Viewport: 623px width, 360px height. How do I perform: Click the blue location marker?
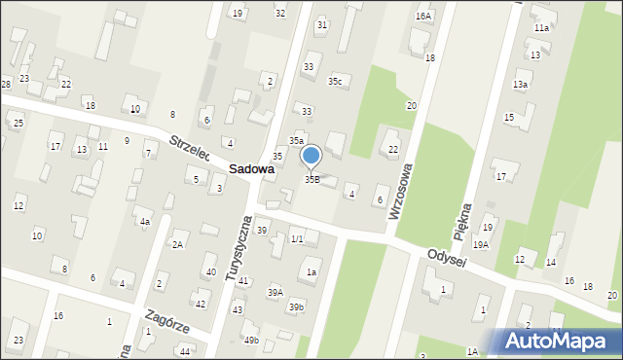tap(311, 156)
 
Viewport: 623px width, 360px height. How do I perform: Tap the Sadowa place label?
tap(251, 168)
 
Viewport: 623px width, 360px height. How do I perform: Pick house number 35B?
tap(312, 179)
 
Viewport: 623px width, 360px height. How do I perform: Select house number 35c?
tap(336, 81)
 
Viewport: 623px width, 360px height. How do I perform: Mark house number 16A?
tap(422, 17)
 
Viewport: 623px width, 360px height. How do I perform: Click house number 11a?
tap(541, 28)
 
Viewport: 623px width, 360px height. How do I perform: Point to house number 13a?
tap(521, 85)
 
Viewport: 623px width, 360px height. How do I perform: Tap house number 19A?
tap(481, 244)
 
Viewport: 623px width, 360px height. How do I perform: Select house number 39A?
tap(275, 292)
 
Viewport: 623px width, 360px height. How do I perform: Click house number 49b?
tap(251, 340)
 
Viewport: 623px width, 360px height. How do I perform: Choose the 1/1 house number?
tap(298, 238)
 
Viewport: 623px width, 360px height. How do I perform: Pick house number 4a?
tap(144, 222)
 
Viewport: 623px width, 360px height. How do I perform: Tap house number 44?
tap(185, 350)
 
